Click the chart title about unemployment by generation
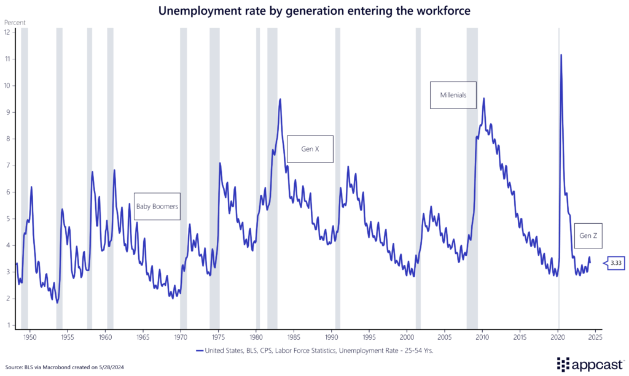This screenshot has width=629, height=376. (314, 10)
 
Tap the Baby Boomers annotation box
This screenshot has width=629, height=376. (157, 207)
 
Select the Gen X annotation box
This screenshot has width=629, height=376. (310, 149)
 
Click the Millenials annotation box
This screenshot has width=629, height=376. (453, 95)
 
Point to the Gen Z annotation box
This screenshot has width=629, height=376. (588, 236)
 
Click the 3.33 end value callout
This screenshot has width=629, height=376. (615, 263)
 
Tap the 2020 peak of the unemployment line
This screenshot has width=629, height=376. (561, 55)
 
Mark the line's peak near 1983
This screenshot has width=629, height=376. (280, 99)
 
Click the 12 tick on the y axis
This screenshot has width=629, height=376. (7, 32)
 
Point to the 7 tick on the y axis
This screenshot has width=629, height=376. (7, 165)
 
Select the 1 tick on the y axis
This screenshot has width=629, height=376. (7, 325)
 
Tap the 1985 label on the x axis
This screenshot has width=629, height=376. (294, 337)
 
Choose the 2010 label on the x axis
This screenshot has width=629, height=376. (482, 337)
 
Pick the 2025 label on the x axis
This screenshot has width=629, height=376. (595, 337)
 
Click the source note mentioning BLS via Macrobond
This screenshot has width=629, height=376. (56, 367)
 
